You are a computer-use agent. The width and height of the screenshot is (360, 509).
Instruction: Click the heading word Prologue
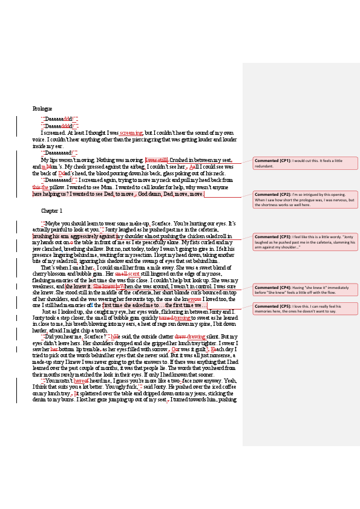tap(42, 108)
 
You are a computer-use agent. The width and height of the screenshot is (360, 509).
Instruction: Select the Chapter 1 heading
tap(52, 210)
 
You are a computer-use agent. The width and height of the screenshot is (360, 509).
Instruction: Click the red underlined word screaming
tap(131, 132)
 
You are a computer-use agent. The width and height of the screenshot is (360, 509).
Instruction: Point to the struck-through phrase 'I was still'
tap(156, 160)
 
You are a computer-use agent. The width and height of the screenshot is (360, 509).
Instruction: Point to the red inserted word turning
tap(182, 317)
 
